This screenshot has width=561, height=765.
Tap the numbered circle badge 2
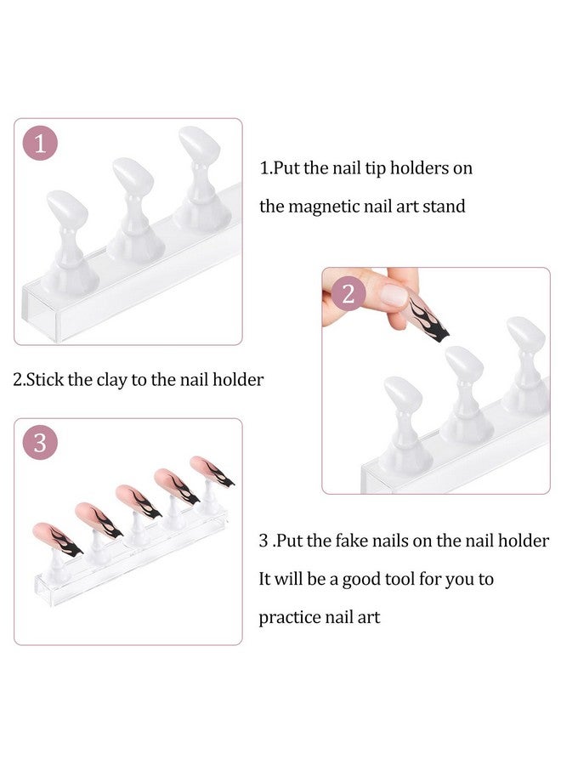(x=348, y=294)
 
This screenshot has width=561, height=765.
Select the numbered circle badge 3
(x=40, y=443)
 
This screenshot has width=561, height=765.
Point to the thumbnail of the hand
(x=394, y=296)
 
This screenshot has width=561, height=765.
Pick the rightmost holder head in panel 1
(x=199, y=144)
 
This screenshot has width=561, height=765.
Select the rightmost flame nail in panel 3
(x=212, y=471)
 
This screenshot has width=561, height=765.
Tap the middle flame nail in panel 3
(x=139, y=501)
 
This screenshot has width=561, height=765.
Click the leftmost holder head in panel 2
(x=403, y=394)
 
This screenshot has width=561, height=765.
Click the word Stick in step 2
(x=45, y=380)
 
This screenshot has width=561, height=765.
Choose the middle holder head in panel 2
(x=464, y=364)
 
